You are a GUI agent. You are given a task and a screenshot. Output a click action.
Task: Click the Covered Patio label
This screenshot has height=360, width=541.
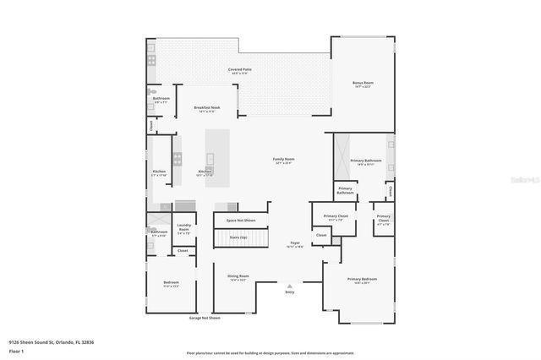pyautogui.click(x=240, y=70)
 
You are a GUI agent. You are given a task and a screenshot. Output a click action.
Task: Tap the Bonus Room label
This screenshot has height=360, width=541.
pyautogui.click(x=363, y=84)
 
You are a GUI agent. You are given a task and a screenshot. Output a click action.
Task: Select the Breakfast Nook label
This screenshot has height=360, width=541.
pyautogui.click(x=206, y=109)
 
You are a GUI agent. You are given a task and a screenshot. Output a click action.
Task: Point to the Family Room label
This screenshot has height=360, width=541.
pyautogui.click(x=283, y=161)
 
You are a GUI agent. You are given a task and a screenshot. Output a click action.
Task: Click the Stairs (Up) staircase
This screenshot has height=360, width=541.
pyautogui.click(x=238, y=238)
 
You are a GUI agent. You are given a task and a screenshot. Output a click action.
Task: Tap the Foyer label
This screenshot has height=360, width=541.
pyautogui.click(x=296, y=244)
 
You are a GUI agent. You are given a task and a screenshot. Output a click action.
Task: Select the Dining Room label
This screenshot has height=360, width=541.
pyautogui.click(x=238, y=277)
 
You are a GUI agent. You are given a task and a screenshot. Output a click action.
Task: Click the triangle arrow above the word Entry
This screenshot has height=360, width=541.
pyautogui.click(x=290, y=286)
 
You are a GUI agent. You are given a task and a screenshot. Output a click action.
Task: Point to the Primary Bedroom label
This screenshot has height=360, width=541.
pyautogui.click(x=362, y=280)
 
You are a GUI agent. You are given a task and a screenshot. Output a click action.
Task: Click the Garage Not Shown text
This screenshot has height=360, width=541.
pyautogui.click(x=204, y=319)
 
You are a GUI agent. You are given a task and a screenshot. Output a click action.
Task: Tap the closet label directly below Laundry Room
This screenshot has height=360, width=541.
pyautogui.click(x=183, y=251)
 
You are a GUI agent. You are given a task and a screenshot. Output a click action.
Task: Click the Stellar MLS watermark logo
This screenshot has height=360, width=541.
pyautogui.click(x=522, y=178)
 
